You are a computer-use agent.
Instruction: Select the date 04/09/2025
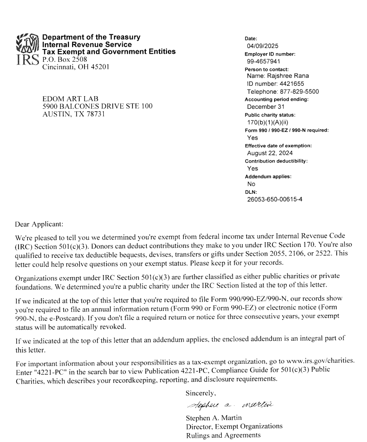(x=263, y=46)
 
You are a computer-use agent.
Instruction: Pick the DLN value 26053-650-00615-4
(x=275, y=199)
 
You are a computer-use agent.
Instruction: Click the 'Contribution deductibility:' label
(x=276, y=161)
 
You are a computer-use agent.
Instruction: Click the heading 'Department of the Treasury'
(x=91, y=38)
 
